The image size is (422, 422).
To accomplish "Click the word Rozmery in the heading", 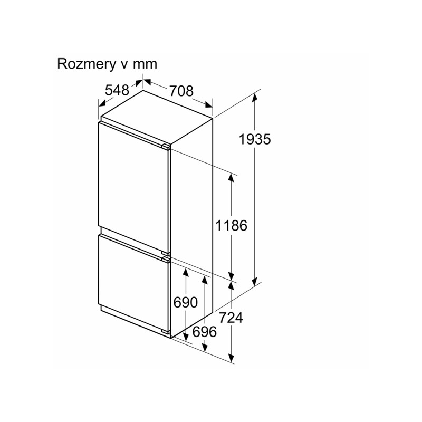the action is coord(85,64).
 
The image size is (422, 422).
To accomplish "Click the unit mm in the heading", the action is coord(145,64).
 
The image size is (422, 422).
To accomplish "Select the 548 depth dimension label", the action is coord(117,90).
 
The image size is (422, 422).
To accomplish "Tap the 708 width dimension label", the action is coord(181,91).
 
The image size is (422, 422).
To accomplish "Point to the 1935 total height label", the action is coord(255,139).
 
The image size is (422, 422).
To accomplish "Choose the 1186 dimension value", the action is coord(231,225).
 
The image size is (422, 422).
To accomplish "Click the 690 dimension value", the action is coord(186,302).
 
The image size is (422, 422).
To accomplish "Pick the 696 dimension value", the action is coord(205,332).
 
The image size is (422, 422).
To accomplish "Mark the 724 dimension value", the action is coord(231,318).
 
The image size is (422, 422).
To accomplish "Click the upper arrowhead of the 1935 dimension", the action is coord(254,98).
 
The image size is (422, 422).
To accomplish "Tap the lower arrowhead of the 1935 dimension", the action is coord(254,281).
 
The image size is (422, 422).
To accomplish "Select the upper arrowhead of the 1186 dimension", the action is coord(231,179).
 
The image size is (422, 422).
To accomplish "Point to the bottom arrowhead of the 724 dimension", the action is coord(231,358).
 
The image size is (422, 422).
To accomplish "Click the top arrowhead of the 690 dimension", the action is coord(186,273).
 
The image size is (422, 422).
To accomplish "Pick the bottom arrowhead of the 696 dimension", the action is coord(205,347).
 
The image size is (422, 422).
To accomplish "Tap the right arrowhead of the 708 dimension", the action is coord(208,105).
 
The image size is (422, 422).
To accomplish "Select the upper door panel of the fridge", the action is coord(134,188).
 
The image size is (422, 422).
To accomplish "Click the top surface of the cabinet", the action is coord(157,118).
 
